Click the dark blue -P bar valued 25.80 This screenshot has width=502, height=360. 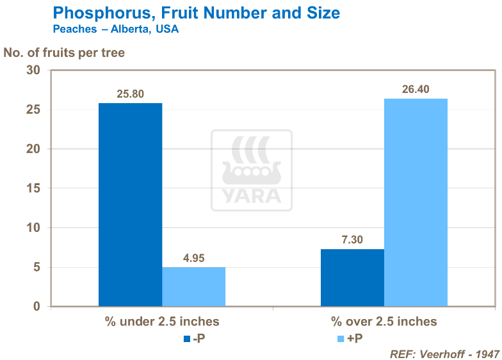[130, 204]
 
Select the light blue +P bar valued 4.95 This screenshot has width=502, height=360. [193, 286]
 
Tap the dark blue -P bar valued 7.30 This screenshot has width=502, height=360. [352, 277]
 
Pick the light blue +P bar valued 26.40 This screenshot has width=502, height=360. [416, 202]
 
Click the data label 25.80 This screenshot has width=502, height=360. [130, 94]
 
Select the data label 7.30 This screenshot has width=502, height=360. [352, 240]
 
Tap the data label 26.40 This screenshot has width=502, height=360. [416, 89]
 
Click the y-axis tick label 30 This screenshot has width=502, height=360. [33, 70]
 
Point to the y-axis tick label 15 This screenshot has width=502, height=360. [33, 188]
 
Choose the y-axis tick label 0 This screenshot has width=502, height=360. [36, 306]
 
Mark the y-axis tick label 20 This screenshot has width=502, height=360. [33, 149]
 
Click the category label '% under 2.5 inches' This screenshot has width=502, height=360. [162, 322]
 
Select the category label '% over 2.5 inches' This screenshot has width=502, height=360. [384, 322]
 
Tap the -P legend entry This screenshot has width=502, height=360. [195, 338]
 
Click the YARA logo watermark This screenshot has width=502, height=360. [252, 170]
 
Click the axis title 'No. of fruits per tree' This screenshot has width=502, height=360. [64, 53]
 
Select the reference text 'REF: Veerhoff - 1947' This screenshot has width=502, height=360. [444, 354]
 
